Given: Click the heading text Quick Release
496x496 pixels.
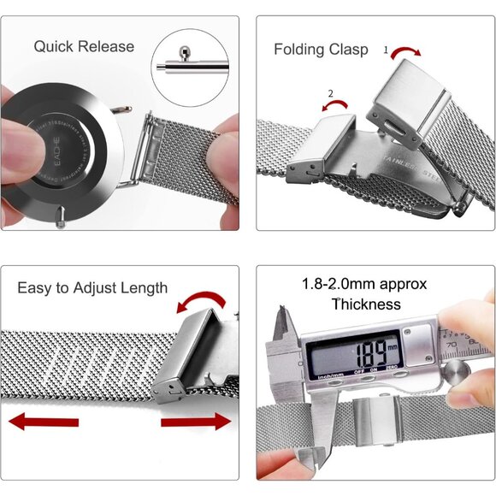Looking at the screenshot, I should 84,46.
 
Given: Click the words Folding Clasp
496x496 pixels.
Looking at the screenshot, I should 321,50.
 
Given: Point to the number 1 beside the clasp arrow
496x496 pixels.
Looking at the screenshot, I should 386,50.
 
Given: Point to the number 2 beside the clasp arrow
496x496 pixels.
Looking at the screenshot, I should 331,92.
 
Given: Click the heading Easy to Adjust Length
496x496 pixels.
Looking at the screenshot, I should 92,287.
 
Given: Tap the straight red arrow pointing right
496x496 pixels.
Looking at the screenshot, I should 196,421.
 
